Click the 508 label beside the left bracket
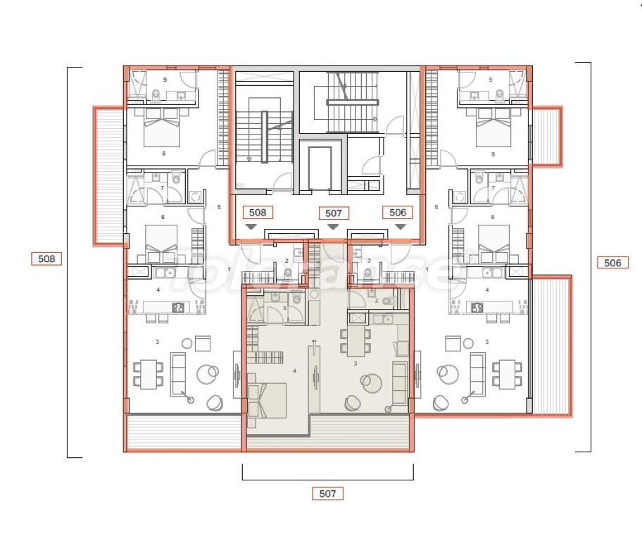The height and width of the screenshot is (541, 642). pos(46,259)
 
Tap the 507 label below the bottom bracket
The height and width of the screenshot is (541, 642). pos(327,494)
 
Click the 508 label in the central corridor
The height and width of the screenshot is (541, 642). pos(258,212)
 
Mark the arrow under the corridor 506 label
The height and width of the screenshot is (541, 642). pos(400,227)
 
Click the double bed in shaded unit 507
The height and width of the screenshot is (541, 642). pos(268,399)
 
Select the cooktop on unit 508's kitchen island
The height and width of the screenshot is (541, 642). pos(178,307)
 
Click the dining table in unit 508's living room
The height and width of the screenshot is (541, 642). pos(148,373)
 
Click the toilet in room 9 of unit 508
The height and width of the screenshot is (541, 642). pos(156,95)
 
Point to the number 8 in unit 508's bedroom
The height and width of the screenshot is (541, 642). pos(164,153)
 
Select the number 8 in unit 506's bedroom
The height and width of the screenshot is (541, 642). pos(493,153)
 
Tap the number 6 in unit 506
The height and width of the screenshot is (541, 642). pos(493,218)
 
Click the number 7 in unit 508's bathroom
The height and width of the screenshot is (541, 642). pos(163,188)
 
